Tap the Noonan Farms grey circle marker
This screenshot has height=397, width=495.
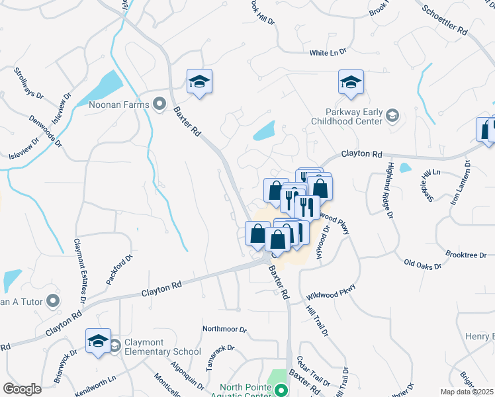159,103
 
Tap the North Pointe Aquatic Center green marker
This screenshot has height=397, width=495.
281,390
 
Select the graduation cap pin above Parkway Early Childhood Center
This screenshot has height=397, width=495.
351,82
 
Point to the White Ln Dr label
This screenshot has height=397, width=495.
328,53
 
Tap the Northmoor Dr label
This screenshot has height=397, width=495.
224,329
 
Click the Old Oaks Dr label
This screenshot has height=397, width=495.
423,265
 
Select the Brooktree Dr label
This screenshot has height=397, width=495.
466,255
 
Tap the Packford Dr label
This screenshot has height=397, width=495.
119,269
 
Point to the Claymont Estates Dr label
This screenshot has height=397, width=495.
79,271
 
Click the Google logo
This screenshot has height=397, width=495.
22,388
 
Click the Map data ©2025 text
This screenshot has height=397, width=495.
467,392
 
